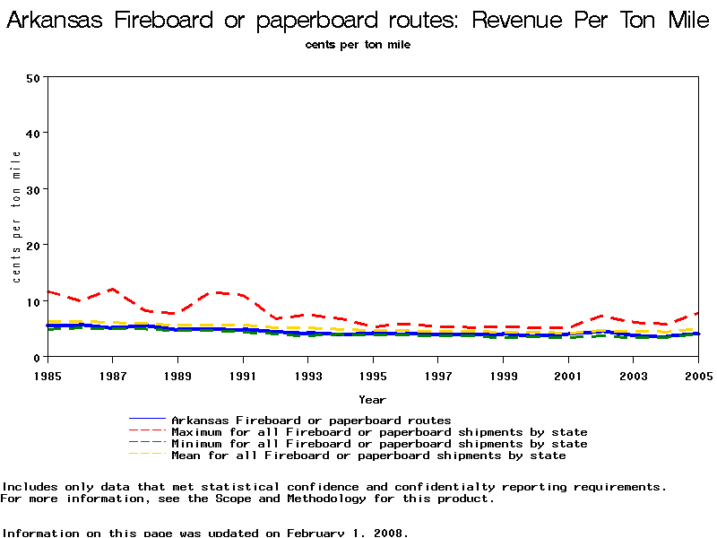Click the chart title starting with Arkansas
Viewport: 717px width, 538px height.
(x=358, y=21)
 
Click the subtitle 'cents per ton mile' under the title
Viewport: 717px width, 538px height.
(x=358, y=45)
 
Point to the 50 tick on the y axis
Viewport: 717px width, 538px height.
(x=35, y=77)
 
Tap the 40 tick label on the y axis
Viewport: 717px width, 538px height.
(x=35, y=133)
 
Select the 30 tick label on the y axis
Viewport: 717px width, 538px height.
(x=35, y=189)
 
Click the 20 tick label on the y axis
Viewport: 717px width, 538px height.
(x=35, y=245)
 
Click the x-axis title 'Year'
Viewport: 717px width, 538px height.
(x=373, y=399)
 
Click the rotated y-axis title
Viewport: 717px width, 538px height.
(x=16, y=216)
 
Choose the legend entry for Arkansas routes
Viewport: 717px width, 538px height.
(x=310, y=420)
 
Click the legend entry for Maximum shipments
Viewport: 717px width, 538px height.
(x=379, y=432)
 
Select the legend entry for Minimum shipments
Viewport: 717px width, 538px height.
(x=379, y=444)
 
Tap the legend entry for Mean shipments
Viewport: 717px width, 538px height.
(x=368, y=456)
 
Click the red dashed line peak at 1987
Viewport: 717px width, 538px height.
(x=112, y=289)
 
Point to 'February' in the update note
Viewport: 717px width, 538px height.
(x=317, y=533)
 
